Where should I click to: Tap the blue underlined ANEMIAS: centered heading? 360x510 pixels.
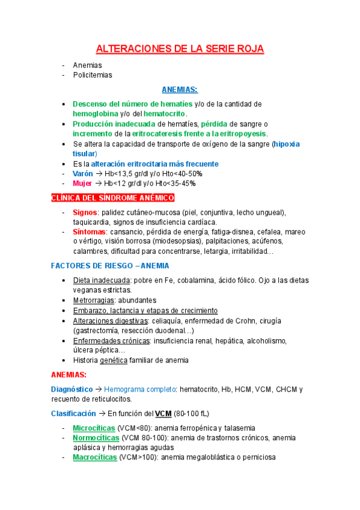180,90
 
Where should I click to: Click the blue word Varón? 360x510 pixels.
83,173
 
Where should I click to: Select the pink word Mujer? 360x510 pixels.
82,183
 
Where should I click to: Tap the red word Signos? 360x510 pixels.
85,212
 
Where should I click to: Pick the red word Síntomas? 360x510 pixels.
89,232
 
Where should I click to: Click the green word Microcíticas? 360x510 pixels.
95,428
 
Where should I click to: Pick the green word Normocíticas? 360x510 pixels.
96,437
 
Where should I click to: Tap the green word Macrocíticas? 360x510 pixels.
95,457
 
